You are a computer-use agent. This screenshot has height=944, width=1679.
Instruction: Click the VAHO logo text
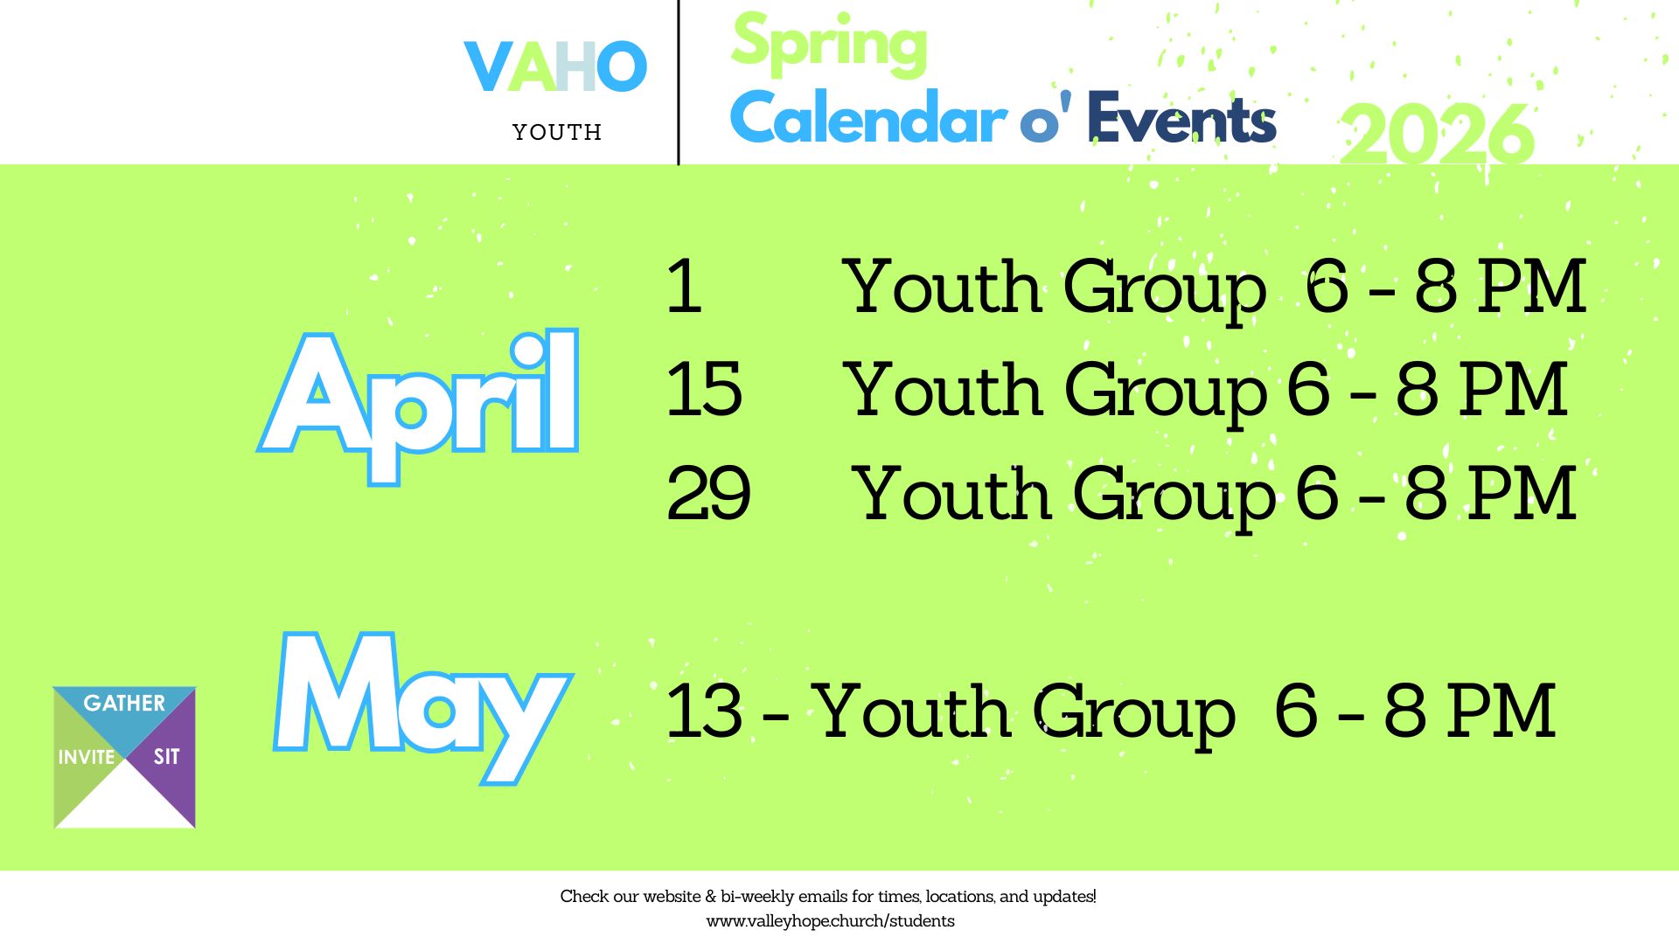pyautogui.click(x=555, y=66)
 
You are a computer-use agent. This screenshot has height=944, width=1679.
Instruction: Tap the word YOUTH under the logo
pyautogui.click(x=557, y=132)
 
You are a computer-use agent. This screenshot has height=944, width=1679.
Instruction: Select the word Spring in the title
pyautogui.click(x=829, y=44)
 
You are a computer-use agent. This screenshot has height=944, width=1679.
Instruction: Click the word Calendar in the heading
pyautogui.click(x=868, y=117)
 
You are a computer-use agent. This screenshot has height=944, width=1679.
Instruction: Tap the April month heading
pyautogui.click(x=418, y=406)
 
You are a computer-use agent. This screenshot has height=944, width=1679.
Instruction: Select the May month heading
pyautogui.click(x=423, y=706)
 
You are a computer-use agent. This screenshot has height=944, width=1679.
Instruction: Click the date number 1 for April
pyautogui.click(x=685, y=286)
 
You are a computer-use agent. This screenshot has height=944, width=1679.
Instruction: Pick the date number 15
pyautogui.click(x=704, y=389)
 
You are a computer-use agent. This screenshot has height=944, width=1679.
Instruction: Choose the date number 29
pyautogui.click(x=708, y=494)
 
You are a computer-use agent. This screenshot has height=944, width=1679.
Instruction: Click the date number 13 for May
pyautogui.click(x=704, y=711)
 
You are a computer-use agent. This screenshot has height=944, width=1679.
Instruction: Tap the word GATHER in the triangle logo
pyautogui.click(x=124, y=704)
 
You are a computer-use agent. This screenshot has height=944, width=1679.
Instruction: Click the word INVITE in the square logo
pyautogui.click(x=87, y=757)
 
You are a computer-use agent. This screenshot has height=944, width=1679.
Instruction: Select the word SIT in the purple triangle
pyautogui.click(x=166, y=757)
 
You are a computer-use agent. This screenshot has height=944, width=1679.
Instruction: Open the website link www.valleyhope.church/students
pyautogui.click(x=830, y=921)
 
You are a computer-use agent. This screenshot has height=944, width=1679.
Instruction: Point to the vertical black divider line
pyautogui.click(x=679, y=82)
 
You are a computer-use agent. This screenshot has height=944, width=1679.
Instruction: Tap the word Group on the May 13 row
pyautogui.click(x=1134, y=715)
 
